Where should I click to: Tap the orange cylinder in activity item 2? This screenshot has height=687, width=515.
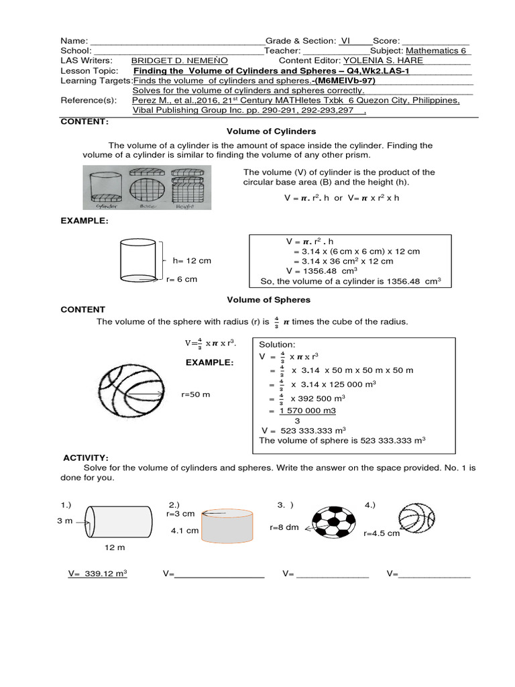227,527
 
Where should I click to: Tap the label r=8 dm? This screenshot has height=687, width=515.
284,527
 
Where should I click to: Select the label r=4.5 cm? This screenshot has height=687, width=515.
381,533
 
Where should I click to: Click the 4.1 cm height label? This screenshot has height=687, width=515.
185,530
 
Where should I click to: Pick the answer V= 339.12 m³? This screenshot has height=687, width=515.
98,574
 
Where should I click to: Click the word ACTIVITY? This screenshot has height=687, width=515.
86,457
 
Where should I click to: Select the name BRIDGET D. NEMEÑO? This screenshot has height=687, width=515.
174,60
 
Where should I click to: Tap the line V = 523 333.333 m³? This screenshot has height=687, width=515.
304,429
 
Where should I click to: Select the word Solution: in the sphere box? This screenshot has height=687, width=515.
277,343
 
